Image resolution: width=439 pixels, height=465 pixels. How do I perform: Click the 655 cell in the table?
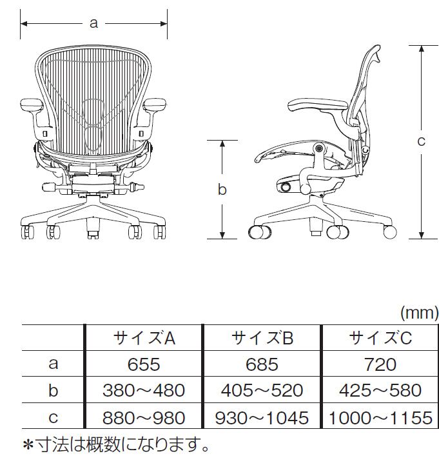click(144, 364)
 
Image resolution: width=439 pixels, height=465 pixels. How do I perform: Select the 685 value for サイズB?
click(262, 364)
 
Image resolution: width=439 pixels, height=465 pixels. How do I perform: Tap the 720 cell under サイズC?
click(380, 364)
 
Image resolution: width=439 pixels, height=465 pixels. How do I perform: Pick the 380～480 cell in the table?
click(144, 390)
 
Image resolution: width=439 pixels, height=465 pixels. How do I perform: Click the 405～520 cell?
click(262, 390)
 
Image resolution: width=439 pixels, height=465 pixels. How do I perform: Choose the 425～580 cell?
click(380, 390)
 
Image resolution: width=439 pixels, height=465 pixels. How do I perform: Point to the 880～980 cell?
click(144, 418)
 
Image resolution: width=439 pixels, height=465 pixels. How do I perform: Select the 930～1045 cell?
click(262, 418)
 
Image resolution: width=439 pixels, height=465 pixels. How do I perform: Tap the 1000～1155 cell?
click(380, 418)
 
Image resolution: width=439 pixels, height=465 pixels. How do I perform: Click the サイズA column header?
click(144, 338)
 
